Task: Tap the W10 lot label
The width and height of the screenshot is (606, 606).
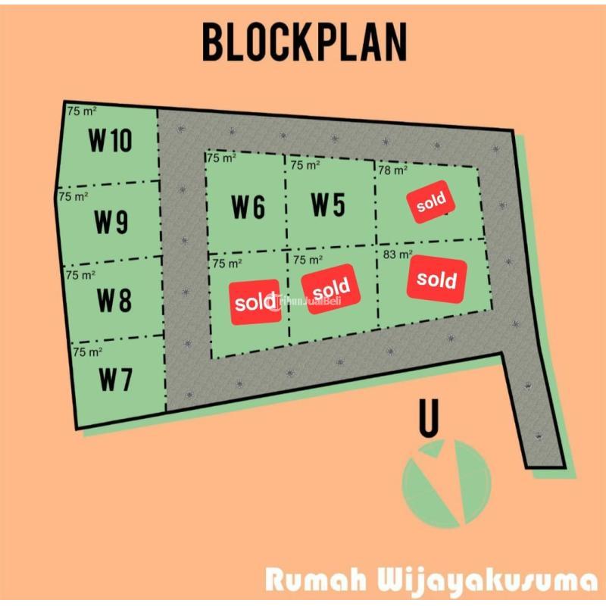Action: click(x=111, y=141)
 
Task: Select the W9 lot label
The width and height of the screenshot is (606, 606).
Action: click(x=111, y=222)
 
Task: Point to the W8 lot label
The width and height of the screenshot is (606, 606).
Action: click(x=114, y=301)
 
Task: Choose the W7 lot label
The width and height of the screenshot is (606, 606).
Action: click(x=115, y=380)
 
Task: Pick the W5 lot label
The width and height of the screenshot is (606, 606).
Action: click(x=328, y=204)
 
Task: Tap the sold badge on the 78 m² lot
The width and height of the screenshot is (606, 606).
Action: click(x=431, y=201)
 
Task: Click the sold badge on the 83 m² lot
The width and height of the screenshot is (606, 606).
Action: click(x=436, y=278)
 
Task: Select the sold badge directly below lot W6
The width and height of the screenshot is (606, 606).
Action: click(x=255, y=301)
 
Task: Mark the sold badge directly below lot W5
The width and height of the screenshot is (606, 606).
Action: click(x=330, y=287)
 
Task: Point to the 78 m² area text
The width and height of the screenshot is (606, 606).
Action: click(x=393, y=170)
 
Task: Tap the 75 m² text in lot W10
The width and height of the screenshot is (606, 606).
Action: click(x=83, y=111)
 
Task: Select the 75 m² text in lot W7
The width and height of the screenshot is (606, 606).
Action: click(x=88, y=352)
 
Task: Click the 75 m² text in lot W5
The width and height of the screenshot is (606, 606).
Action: click(x=305, y=165)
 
